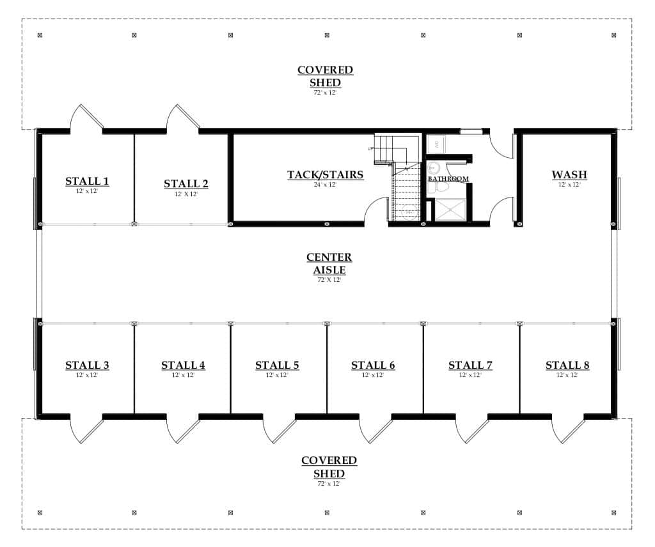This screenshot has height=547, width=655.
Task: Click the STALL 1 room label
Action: [x=87, y=182]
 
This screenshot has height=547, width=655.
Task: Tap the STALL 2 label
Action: [x=185, y=185]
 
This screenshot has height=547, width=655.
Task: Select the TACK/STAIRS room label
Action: [x=325, y=175]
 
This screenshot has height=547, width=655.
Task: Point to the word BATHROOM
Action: [x=448, y=180]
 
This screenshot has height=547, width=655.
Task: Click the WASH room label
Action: [x=569, y=175]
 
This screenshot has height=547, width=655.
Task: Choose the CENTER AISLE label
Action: [x=329, y=263]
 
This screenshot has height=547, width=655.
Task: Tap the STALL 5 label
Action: [x=277, y=366]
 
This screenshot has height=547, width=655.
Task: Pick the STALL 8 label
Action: [x=567, y=366]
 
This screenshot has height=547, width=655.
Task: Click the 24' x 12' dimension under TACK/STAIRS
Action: [x=325, y=185]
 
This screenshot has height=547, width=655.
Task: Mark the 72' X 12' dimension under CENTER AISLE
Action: [x=329, y=280]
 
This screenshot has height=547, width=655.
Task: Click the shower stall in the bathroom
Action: [x=451, y=210]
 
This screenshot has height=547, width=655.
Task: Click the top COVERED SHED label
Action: [x=325, y=76]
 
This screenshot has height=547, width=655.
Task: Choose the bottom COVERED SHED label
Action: [x=329, y=467]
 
